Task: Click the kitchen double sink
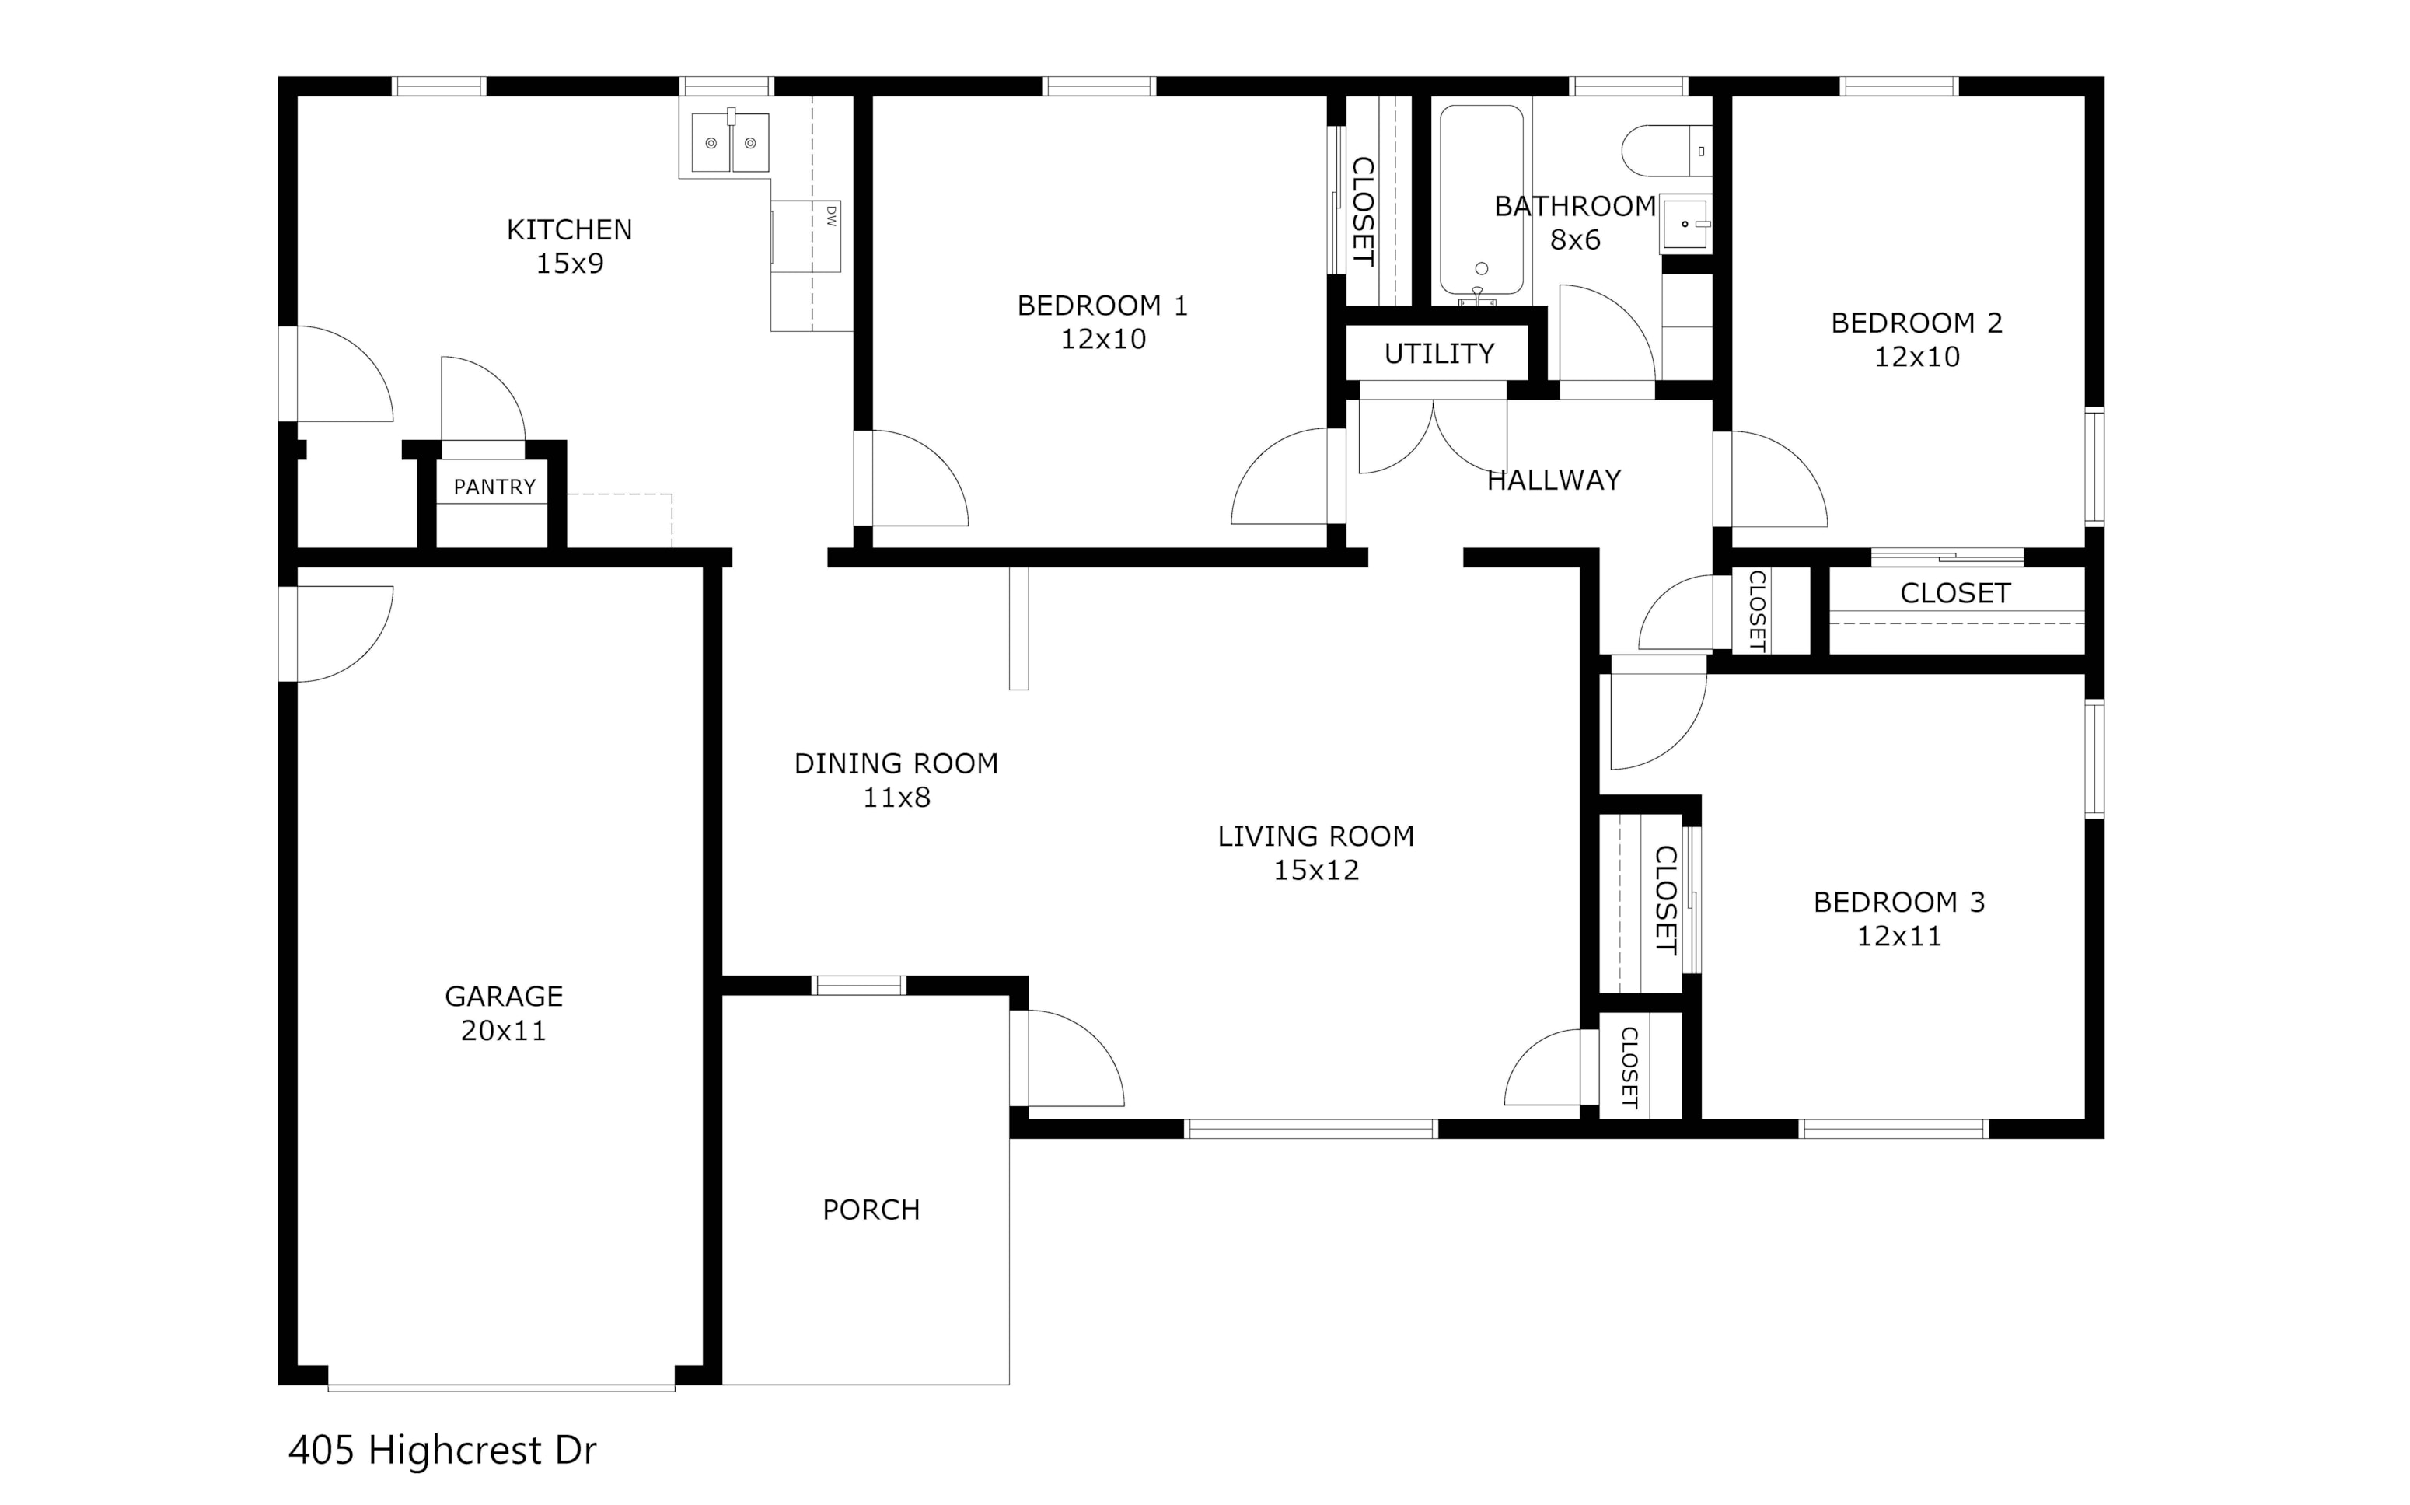(730, 141)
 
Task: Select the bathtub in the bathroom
(1480, 201)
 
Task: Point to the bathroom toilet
(1666, 150)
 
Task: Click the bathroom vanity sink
(1685, 224)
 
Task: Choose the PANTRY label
(494, 487)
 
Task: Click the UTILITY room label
(1440, 354)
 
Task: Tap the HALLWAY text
(1554, 480)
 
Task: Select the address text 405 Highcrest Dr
(442, 1451)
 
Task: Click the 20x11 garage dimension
(504, 1030)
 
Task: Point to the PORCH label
(871, 1210)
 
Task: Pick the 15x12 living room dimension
(1316, 870)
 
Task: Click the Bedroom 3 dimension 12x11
(1899, 936)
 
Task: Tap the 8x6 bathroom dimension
(1575, 240)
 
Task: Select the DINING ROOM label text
(896, 763)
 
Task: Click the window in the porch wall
(859, 986)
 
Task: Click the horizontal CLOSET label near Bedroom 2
(1955, 593)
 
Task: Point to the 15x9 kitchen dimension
(569, 264)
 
